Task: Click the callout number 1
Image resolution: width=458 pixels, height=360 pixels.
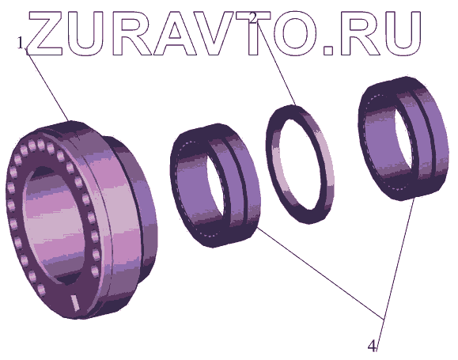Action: [x=20, y=44]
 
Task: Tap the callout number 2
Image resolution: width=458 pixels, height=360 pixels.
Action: [x=253, y=18]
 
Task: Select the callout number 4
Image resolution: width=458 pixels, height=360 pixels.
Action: [x=372, y=347]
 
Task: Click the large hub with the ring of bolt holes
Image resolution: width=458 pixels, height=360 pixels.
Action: [x=81, y=219]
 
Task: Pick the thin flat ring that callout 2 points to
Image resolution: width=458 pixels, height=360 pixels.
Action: [x=301, y=165]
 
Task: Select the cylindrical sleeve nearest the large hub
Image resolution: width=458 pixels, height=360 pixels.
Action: [x=215, y=186]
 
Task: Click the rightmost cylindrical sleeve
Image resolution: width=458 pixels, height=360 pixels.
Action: [x=403, y=138]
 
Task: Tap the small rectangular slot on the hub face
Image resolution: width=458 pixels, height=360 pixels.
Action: [x=75, y=303]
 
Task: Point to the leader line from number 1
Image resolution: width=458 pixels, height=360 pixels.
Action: [x=48, y=85]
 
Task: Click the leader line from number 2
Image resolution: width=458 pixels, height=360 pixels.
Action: [x=276, y=65]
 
